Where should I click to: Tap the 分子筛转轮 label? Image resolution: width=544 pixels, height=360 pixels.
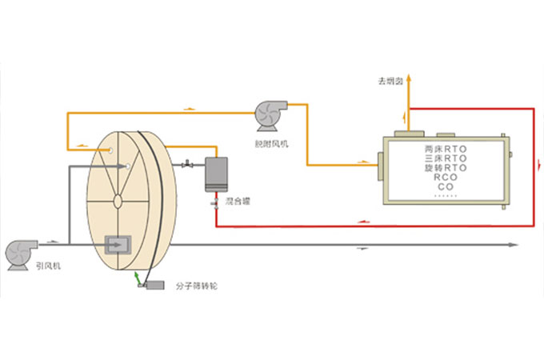[195, 286]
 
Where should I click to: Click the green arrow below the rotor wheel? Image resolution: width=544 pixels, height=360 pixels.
[138, 277]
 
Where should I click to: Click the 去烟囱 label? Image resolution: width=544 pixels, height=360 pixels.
[391, 81]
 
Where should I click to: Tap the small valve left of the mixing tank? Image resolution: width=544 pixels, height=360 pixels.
[187, 166]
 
